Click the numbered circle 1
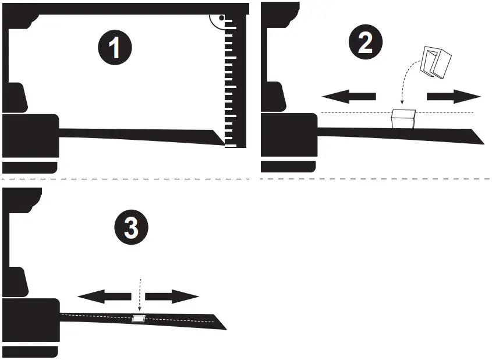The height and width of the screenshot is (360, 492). coord(115,46)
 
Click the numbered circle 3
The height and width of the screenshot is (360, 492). coord(132,228)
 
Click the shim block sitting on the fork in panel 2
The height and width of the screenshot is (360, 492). coord(402,119)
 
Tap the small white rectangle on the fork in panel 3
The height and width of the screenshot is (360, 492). coord(139,319)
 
